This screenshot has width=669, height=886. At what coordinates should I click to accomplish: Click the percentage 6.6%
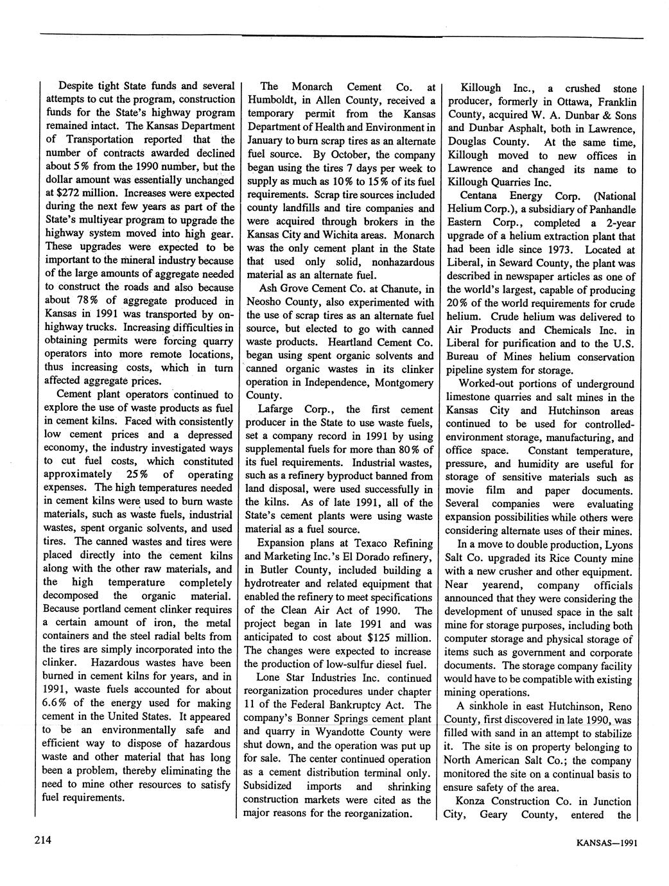61,702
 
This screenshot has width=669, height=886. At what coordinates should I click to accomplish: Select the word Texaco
367,543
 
